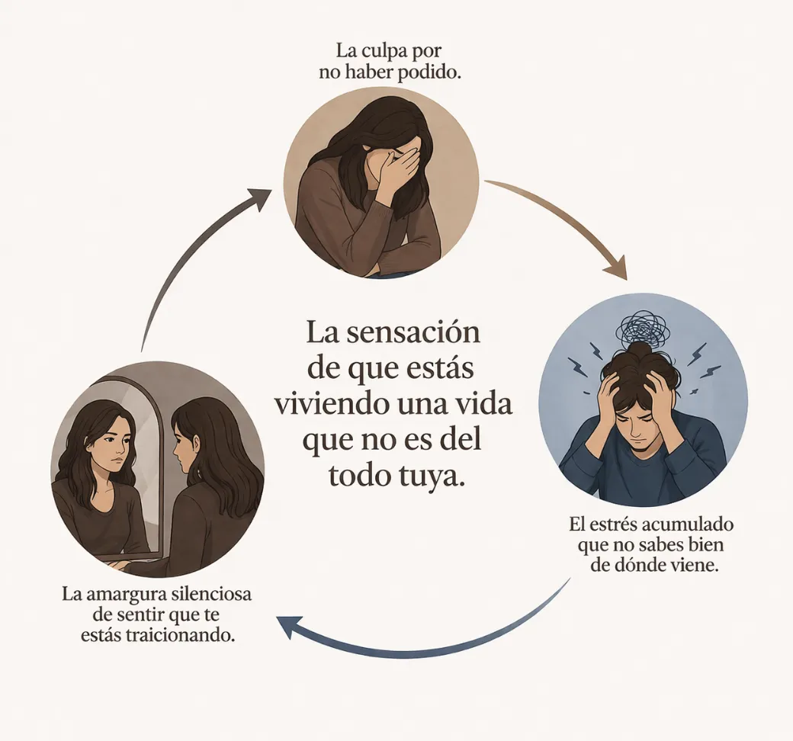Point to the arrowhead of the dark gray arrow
point(258,199)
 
